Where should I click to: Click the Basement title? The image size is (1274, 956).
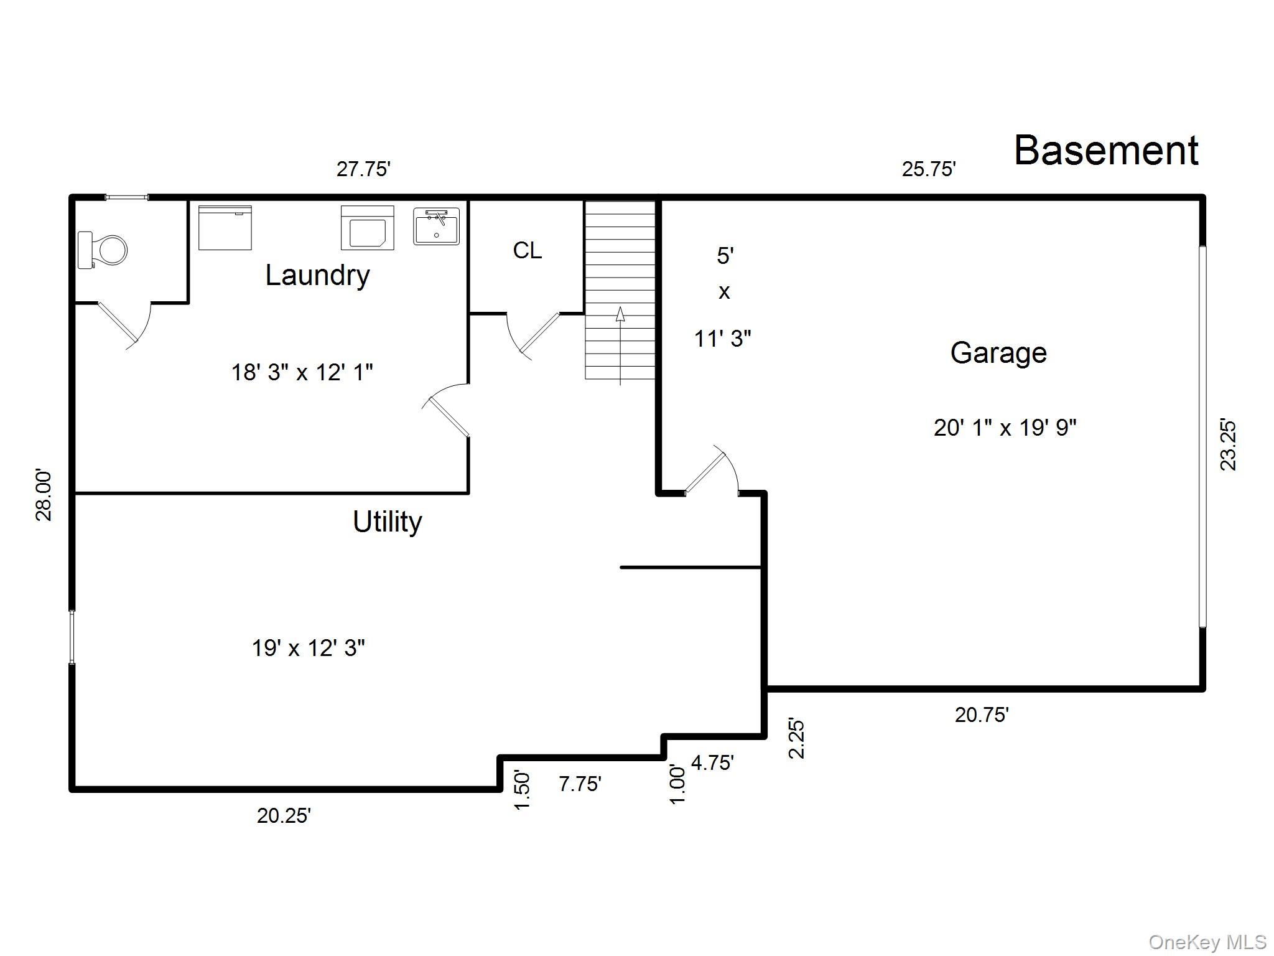(x=1105, y=151)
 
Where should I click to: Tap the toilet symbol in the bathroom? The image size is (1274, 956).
(x=103, y=250)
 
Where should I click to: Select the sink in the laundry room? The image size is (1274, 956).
(x=436, y=226)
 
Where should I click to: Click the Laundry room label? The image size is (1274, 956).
(x=317, y=275)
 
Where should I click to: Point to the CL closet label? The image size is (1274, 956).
(x=527, y=250)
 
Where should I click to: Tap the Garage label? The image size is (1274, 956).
(x=998, y=353)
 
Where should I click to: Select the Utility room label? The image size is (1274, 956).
(x=387, y=522)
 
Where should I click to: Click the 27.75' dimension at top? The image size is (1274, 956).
(x=363, y=169)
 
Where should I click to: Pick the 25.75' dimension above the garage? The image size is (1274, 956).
(x=929, y=169)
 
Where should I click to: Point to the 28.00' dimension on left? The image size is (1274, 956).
(x=44, y=495)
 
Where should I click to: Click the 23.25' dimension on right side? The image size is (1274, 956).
(x=1228, y=445)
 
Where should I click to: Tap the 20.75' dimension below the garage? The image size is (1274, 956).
(x=982, y=715)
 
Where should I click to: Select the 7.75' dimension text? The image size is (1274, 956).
(x=580, y=784)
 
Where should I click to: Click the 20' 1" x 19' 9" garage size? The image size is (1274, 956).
(x=1005, y=428)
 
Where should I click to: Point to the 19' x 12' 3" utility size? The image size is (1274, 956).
(x=308, y=648)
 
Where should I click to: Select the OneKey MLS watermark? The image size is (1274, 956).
(x=1207, y=942)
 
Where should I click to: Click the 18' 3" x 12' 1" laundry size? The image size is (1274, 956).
(x=302, y=372)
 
